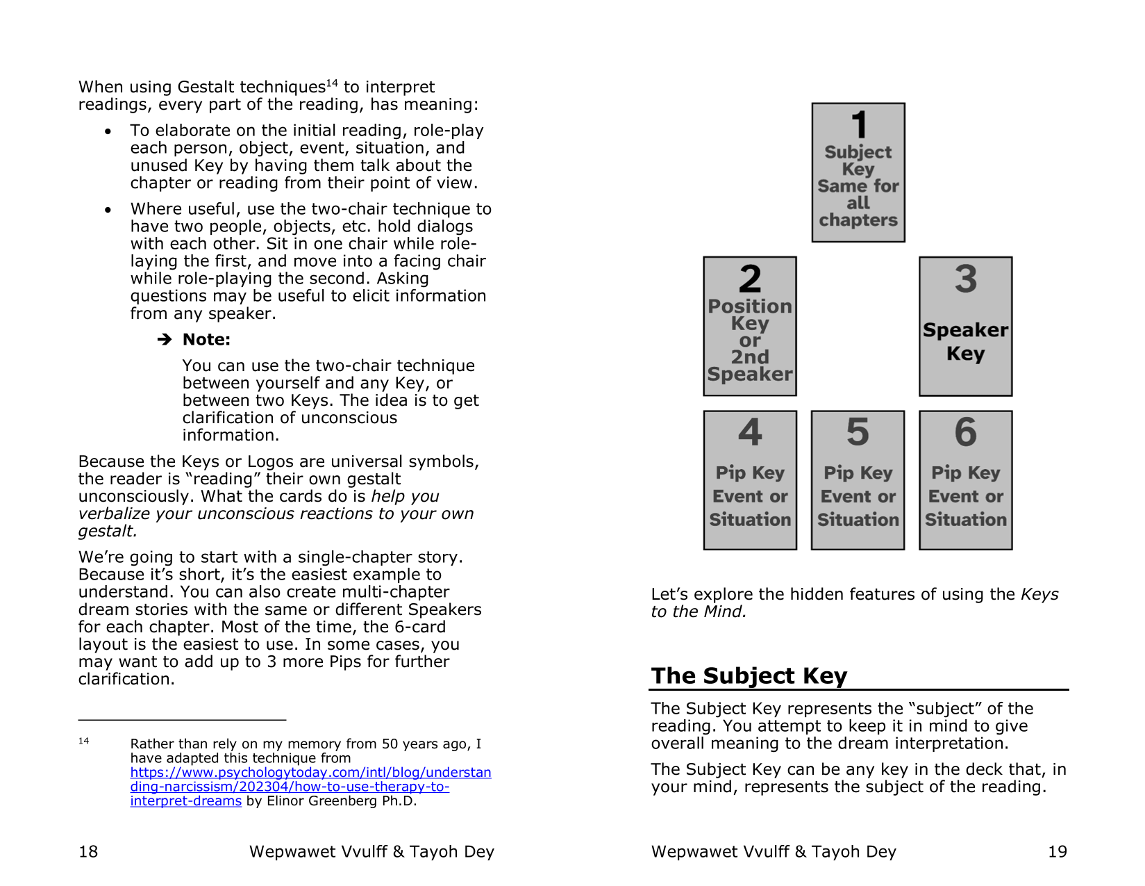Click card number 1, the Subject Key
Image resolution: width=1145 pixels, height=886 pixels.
pyautogui.click(x=858, y=172)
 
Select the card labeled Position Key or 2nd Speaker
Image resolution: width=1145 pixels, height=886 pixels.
pyautogui.click(x=750, y=326)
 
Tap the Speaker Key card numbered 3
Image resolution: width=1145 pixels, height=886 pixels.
pyautogui.click(x=965, y=326)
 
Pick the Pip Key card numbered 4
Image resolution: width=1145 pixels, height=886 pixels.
pyautogui.click(x=750, y=480)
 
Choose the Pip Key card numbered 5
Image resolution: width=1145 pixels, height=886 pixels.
pyautogui.click(x=858, y=480)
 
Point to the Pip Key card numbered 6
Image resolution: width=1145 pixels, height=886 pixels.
pyautogui.click(x=965, y=480)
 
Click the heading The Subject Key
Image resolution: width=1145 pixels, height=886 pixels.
pyautogui.click(x=749, y=675)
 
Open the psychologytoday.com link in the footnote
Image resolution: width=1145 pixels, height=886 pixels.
pyautogui.click(x=310, y=787)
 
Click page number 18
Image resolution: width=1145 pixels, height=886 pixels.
pyautogui.click(x=88, y=851)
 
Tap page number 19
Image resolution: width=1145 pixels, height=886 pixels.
pyautogui.click(x=1057, y=851)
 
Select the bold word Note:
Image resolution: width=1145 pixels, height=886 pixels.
pyautogui.click(x=206, y=340)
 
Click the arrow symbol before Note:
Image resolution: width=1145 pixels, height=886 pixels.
pyautogui.click(x=165, y=340)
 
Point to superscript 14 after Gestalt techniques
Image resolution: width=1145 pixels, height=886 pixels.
pyautogui.click(x=332, y=83)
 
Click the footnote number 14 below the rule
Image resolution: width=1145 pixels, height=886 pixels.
pyautogui.click(x=83, y=741)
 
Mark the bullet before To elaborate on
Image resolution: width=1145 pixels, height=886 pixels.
pyautogui.click(x=108, y=131)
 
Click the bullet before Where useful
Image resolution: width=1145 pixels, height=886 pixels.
pyautogui.click(x=108, y=210)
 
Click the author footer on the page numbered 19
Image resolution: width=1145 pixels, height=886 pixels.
pyautogui.click(x=774, y=851)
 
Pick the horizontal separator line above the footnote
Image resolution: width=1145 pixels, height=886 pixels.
pyautogui.click(x=182, y=720)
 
